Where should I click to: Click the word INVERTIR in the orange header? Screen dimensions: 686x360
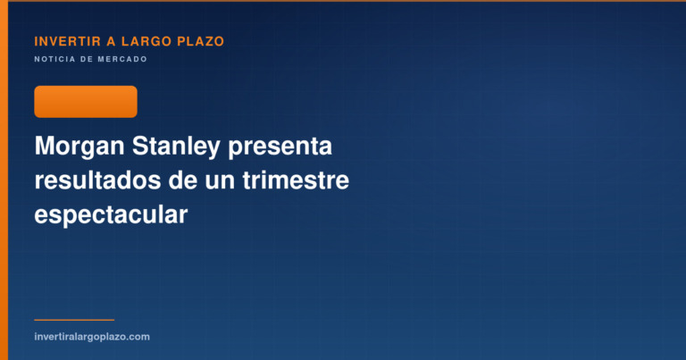click(x=67, y=42)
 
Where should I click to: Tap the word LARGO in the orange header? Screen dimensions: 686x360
click(x=146, y=42)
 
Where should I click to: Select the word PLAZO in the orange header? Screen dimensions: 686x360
click(x=200, y=42)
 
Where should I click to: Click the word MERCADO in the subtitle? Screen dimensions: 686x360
click(x=122, y=59)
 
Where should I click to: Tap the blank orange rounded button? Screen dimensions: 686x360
click(x=86, y=102)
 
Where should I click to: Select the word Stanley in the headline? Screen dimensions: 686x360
click(x=176, y=147)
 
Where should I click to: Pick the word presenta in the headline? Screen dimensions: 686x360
click(x=280, y=147)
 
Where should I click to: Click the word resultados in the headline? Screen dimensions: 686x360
click(x=97, y=180)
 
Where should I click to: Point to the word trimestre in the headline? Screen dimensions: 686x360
click(x=296, y=180)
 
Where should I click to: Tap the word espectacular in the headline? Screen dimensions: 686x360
click(x=111, y=215)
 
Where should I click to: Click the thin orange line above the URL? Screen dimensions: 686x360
click(x=74, y=320)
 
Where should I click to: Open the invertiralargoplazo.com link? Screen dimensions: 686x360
click(x=92, y=337)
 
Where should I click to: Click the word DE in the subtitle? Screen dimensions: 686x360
click(x=87, y=59)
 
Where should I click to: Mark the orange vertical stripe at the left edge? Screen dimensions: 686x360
click(x=4, y=180)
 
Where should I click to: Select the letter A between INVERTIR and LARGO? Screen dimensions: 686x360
click(x=111, y=42)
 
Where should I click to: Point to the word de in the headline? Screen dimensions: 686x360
click(x=183, y=180)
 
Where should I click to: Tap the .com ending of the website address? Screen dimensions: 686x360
click(x=139, y=337)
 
